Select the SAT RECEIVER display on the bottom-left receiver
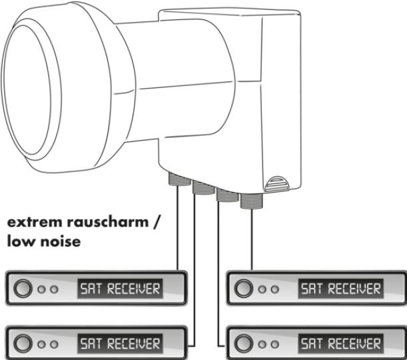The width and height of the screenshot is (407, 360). pos(120,344)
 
